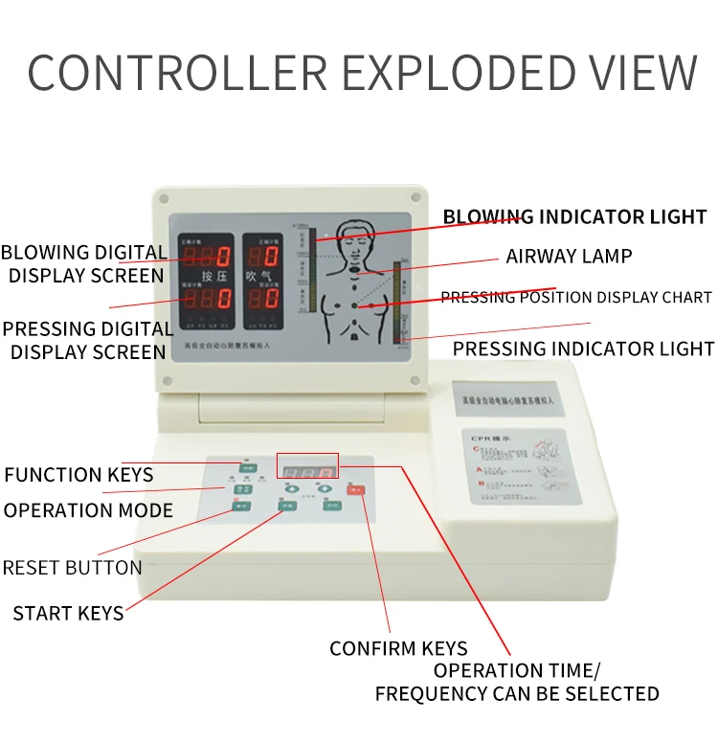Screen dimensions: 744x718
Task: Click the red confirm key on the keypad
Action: pyautogui.click(x=356, y=491)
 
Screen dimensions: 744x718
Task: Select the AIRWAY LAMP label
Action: pyautogui.click(x=569, y=256)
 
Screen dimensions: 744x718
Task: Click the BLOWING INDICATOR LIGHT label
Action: pyautogui.click(x=574, y=216)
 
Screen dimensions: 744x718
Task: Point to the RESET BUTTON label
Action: pyautogui.click(x=72, y=567)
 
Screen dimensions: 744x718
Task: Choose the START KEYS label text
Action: pyautogui.click(x=68, y=613)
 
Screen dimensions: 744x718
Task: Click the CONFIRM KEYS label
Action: pyautogui.click(x=398, y=648)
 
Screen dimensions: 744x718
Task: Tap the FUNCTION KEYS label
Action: pyautogui.click(x=79, y=474)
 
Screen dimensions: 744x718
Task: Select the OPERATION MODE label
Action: pyautogui.click(x=88, y=510)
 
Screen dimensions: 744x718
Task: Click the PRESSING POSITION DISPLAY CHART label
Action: pyautogui.click(x=575, y=298)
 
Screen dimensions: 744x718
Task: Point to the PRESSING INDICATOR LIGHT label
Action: pyautogui.click(x=583, y=349)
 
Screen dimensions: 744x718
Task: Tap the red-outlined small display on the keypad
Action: pyautogui.click(x=307, y=466)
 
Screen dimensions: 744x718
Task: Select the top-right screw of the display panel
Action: pyautogui.click(x=415, y=199)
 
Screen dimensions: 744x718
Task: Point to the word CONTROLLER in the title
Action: pyautogui.click(x=177, y=74)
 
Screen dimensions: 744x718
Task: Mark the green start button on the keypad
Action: pyautogui.click(x=286, y=505)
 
